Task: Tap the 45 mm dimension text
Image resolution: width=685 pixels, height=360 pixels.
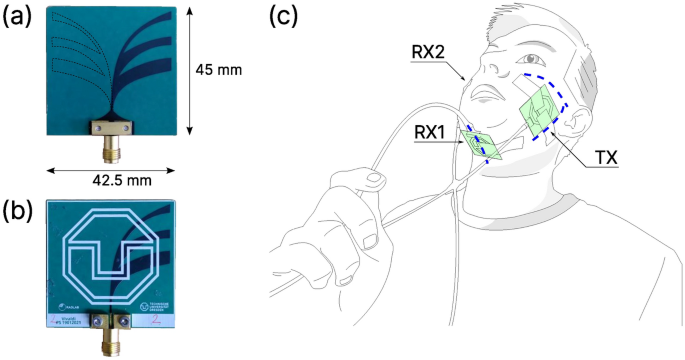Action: pos(219,70)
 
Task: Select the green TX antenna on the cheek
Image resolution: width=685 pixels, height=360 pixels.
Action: pos(537,112)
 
